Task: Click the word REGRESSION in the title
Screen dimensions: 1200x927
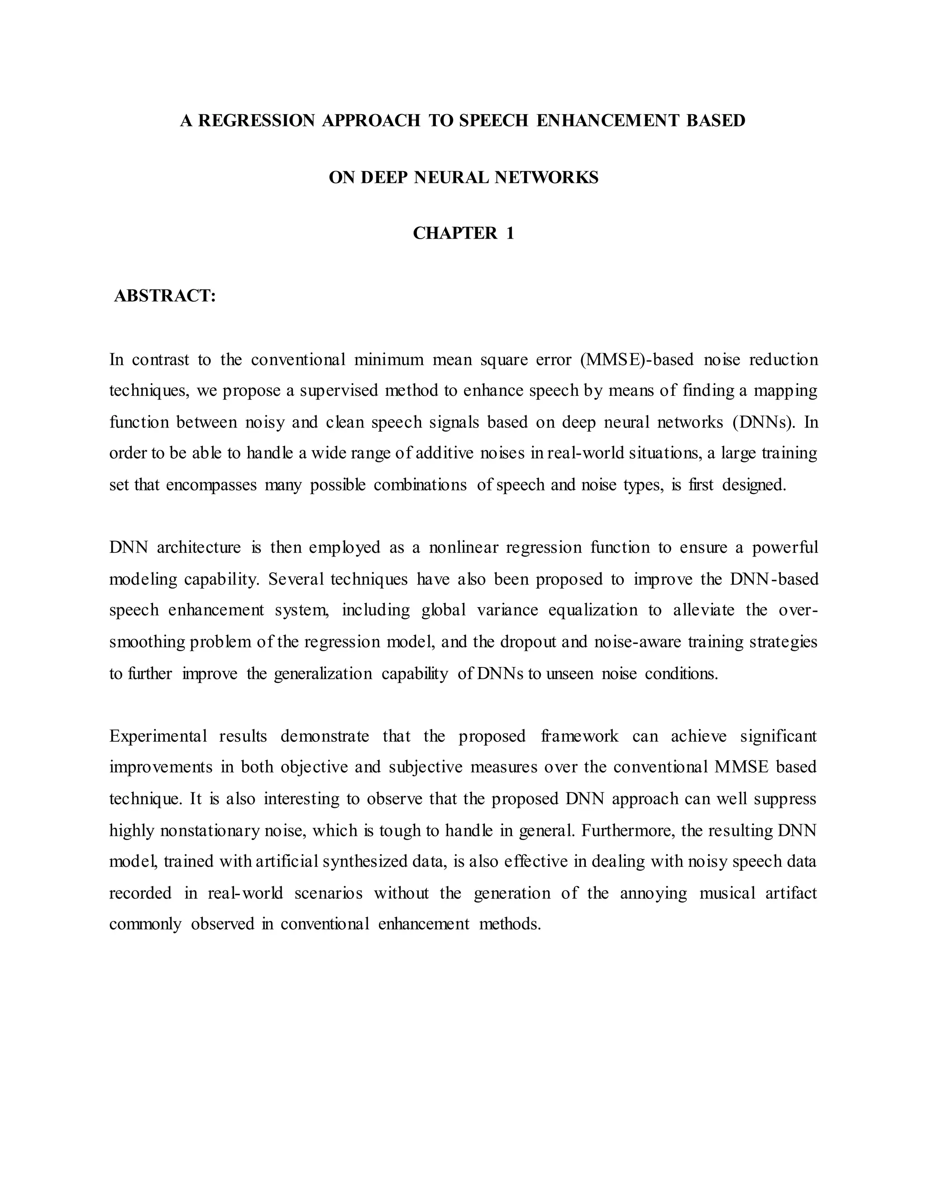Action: point(257,120)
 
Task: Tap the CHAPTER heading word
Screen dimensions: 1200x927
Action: point(455,234)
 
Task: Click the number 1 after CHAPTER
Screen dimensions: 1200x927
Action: point(510,234)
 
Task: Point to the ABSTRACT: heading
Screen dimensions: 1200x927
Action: point(165,296)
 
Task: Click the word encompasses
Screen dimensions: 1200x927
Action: point(211,485)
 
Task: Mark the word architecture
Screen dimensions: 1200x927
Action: point(198,547)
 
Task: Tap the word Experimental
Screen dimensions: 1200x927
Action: point(158,736)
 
